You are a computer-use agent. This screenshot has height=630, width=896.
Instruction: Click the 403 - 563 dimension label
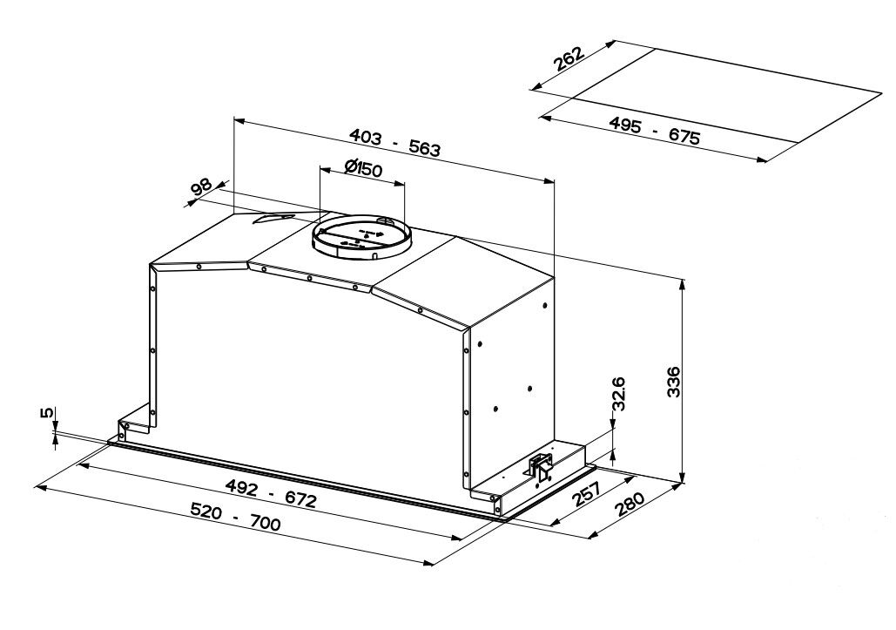click(x=394, y=142)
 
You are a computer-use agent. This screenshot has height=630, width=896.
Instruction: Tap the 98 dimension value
click(x=200, y=187)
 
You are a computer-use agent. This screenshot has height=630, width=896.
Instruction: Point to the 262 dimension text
click(x=569, y=58)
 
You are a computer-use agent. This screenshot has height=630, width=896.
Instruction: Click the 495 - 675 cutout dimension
click(x=654, y=131)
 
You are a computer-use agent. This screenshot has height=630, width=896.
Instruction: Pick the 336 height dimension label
click(x=674, y=382)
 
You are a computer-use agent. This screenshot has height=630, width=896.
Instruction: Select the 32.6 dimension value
click(x=619, y=393)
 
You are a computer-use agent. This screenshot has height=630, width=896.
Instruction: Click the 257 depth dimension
click(x=586, y=495)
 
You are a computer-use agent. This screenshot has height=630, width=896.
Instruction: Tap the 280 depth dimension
click(x=630, y=505)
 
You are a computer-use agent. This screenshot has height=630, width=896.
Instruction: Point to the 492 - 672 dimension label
click(x=270, y=493)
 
